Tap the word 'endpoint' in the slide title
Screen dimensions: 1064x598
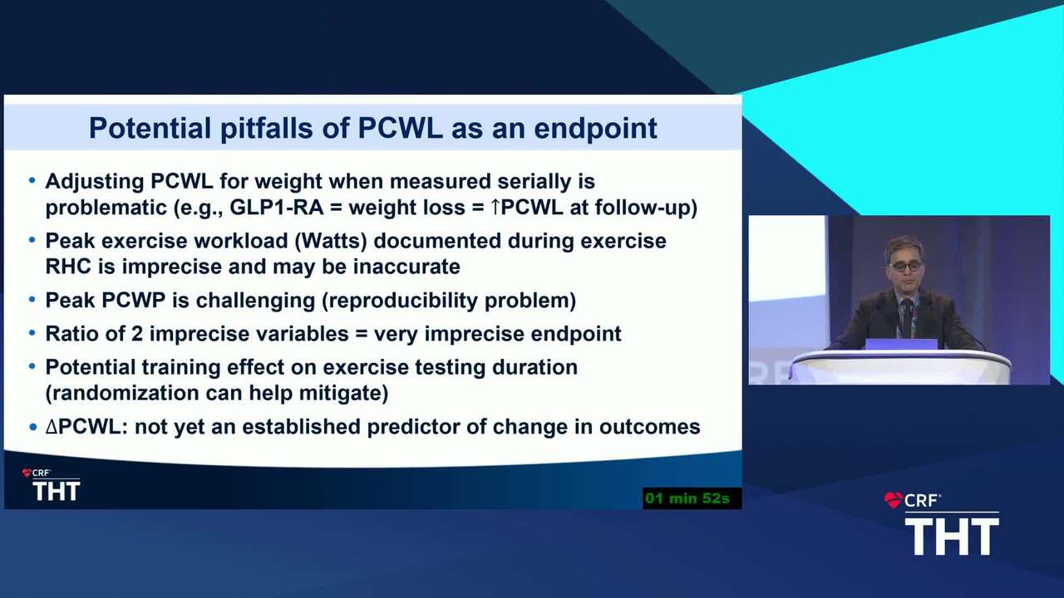point(596,128)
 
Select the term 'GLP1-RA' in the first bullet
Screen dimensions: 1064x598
point(277,208)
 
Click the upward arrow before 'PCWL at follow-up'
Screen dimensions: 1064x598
point(495,207)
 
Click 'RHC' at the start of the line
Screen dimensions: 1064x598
point(68,267)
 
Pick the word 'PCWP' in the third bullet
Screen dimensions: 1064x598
point(134,301)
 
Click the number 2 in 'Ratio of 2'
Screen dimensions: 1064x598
point(137,334)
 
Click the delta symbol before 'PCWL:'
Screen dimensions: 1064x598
point(52,427)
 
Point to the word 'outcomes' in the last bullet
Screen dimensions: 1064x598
point(649,427)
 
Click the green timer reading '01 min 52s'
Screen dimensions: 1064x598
point(687,498)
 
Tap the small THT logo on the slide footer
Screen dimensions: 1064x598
point(56,490)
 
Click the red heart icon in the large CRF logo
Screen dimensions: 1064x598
point(893,500)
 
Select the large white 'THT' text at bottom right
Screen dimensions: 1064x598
point(952,537)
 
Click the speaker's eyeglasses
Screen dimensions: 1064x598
point(906,267)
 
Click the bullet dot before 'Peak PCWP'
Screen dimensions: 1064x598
point(32,300)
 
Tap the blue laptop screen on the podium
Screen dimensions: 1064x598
point(901,344)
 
